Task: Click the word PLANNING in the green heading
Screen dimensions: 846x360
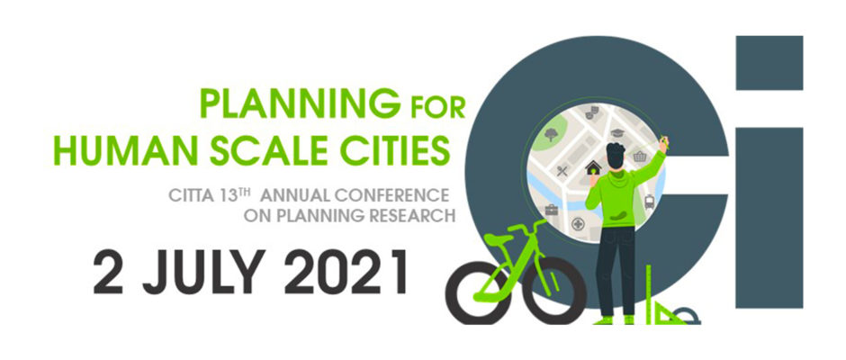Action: click(x=300, y=103)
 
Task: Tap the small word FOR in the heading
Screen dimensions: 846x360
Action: click(x=437, y=107)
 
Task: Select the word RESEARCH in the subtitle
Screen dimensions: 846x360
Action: click(x=412, y=216)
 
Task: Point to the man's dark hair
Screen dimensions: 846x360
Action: click(x=615, y=153)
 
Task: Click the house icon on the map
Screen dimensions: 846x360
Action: click(x=593, y=168)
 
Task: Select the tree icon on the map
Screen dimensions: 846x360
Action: click(x=551, y=134)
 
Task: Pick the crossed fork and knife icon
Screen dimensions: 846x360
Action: click(x=562, y=171)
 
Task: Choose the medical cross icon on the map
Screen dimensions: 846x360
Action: click(x=578, y=223)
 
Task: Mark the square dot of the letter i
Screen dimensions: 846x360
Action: click(x=769, y=63)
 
